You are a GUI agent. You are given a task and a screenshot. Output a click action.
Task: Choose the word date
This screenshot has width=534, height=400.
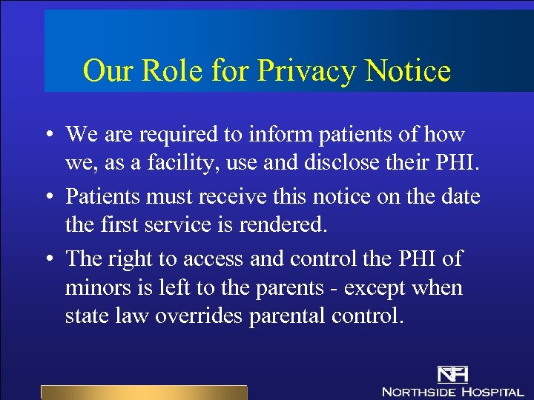[x=455, y=196]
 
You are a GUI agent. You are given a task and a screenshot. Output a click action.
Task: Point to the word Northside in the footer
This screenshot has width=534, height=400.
[x=418, y=390]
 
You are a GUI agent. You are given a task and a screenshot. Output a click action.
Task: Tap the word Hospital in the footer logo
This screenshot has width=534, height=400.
[x=492, y=390]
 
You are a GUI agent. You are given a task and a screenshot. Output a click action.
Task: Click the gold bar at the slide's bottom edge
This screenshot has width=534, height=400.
[x=144, y=393]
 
